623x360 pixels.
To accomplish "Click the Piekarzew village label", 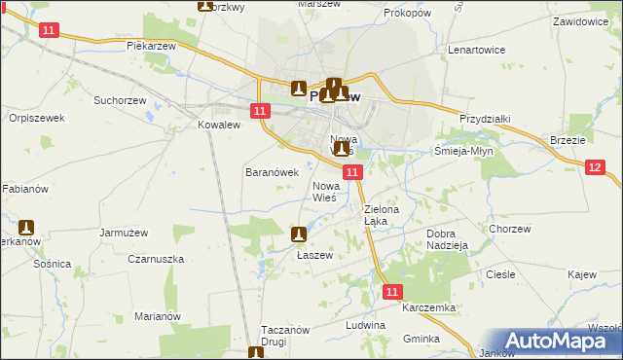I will click(150, 46).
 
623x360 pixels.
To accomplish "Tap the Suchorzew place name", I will click(118, 99).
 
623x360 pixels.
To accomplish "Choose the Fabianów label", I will click(23, 188).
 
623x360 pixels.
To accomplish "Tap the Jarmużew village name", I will click(123, 233).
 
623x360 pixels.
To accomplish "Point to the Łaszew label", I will click(314, 255).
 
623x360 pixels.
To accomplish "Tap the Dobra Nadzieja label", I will click(448, 239).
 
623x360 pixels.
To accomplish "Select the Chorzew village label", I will click(510, 229).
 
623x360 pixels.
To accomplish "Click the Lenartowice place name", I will click(473, 48).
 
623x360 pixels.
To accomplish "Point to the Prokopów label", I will click(407, 13).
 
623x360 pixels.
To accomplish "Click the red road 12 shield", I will click(596, 167).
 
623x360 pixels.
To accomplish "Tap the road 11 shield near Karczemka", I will click(391, 291).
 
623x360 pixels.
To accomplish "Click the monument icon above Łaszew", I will click(300, 234).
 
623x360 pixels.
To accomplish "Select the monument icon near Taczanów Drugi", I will click(256, 353).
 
